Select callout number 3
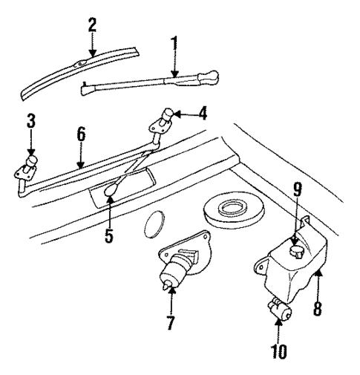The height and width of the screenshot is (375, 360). point(30,121)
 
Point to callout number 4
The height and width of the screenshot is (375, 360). point(203,114)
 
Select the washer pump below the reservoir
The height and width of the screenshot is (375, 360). point(280,310)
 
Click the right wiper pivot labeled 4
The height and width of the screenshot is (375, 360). point(164,119)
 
